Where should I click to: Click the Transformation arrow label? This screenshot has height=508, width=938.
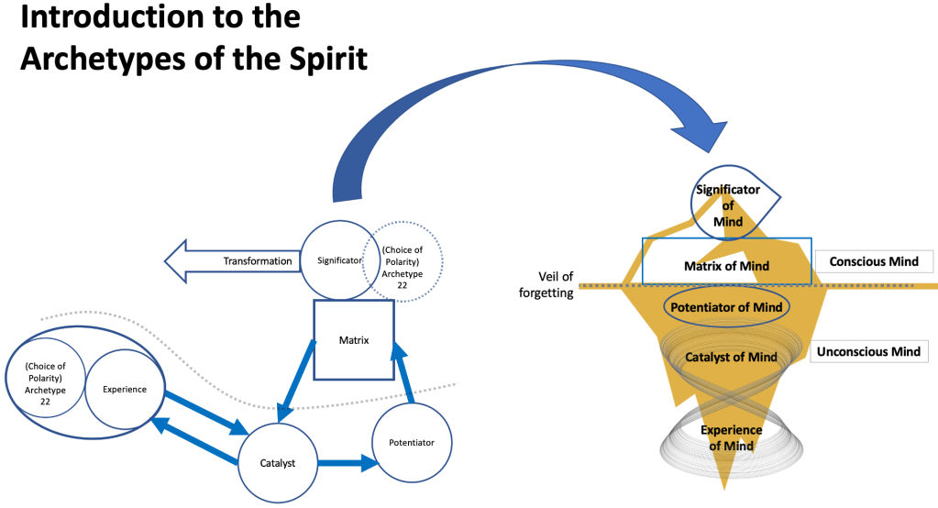[257, 261]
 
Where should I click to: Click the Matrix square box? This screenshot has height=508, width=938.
[354, 340]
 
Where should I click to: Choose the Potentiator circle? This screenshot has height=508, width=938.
[414, 442]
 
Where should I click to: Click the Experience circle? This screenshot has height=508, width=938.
[125, 389]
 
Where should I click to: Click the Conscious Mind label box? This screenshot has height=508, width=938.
[873, 261]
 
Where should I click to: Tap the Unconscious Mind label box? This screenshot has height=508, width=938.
[867, 351]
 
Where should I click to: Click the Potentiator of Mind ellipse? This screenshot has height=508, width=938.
[725, 307]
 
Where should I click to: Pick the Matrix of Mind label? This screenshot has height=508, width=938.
[725, 266]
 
